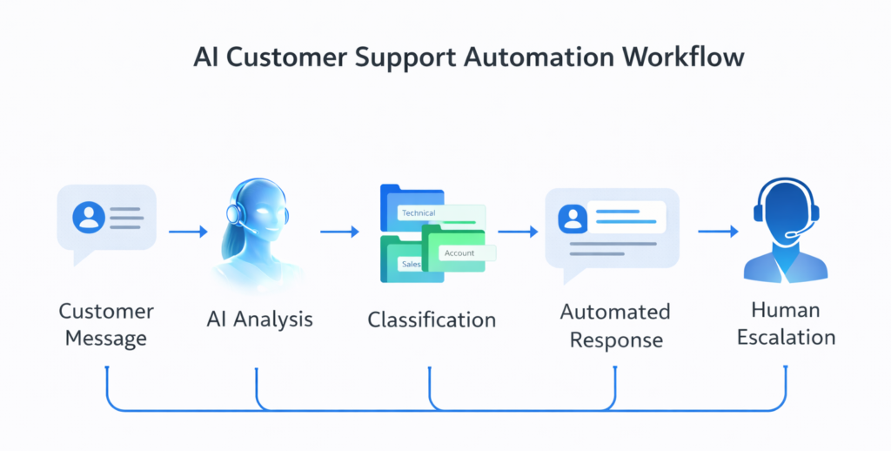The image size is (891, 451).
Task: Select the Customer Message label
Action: tap(106, 324)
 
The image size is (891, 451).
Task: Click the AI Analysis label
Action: tap(259, 319)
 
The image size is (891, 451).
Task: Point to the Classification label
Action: tap(432, 320)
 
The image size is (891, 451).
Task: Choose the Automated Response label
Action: tap(615, 325)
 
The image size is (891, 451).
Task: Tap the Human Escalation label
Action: tap(786, 323)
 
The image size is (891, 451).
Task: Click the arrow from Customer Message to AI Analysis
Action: tap(188, 232)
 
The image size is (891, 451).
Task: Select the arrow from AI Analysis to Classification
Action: tap(339, 232)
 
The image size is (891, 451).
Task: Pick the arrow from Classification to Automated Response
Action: tap(519, 232)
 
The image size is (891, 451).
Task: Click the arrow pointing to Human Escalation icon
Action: tap(718, 232)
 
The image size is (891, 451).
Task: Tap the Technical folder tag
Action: tap(419, 212)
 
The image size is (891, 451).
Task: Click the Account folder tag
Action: tap(459, 252)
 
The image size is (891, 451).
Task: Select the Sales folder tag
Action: tap(411, 263)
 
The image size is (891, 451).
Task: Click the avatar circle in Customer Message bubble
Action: tap(89, 216)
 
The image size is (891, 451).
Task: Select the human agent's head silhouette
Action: tap(786, 209)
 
